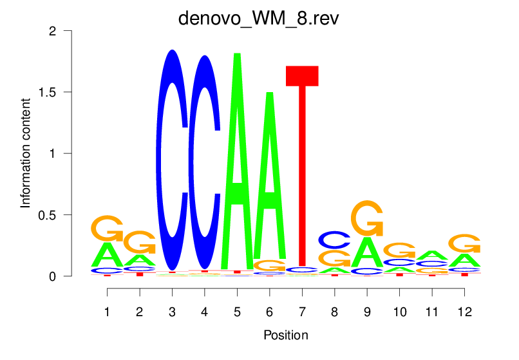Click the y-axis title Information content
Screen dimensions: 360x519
pos(26,153)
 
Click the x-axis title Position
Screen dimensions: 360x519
pos(285,335)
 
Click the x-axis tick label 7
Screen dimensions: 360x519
pos(302,312)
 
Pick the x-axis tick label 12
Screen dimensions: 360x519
pos(464,312)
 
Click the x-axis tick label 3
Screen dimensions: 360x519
pos(172,312)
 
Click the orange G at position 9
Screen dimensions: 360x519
pos(367,219)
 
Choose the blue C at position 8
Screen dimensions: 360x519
pos(334,240)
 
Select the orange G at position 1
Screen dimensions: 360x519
pos(107,227)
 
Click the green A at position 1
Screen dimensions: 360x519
pos(107,255)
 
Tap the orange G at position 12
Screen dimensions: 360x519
pos(464,243)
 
